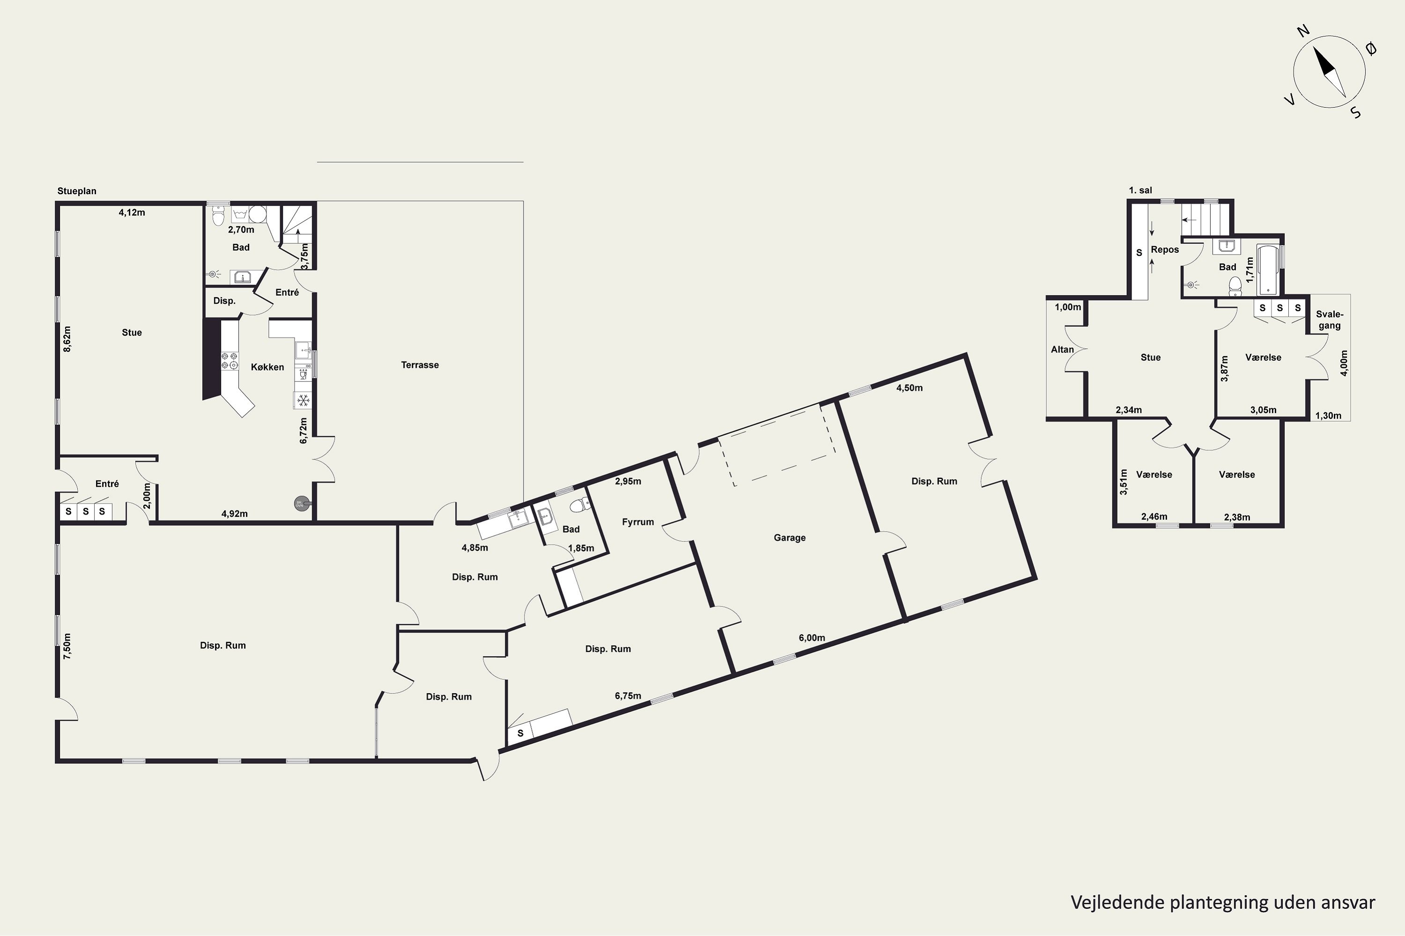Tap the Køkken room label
(267, 367)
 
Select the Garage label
(790, 538)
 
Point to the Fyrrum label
(638, 522)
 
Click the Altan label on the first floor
(1062, 350)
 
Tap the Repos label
(1165, 249)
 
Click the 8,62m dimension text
(67, 338)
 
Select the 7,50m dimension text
(67, 646)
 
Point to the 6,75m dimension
(628, 695)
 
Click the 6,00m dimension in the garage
(812, 637)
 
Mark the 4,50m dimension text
(909, 388)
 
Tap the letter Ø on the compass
(1372, 49)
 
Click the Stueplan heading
(76, 191)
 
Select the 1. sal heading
(1140, 190)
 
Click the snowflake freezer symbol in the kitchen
(303, 400)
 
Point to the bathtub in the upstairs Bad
(1268, 270)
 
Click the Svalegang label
(1329, 320)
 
